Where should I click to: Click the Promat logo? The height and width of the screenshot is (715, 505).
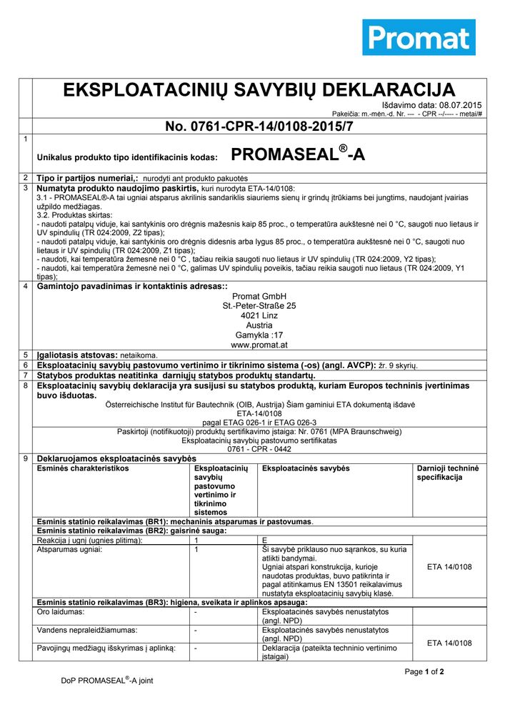(x=419, y=37)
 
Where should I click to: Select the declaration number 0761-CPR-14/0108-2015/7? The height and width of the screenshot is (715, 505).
(x=259, y=127)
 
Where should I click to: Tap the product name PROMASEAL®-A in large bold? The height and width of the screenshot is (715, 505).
(x=298, y=154)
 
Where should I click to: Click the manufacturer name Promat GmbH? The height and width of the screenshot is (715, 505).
(x=259, y=296)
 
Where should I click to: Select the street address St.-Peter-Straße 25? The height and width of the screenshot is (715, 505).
(x=259, y=305)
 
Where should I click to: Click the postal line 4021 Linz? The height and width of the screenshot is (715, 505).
(x=259, y=315)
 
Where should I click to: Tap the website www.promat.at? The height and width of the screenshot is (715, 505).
(x=259, y=345)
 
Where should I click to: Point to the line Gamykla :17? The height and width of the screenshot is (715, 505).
(x=259, y=335)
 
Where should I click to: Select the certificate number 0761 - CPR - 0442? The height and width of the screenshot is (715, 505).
(x=259, y=449)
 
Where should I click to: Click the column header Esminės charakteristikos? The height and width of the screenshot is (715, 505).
(x=83, y=468)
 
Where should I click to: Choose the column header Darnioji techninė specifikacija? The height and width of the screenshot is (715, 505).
(x=448, y=473)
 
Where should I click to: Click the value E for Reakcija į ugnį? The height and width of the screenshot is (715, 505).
(x=265, y=541)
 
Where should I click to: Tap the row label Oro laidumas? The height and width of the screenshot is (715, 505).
(x=61, y=613)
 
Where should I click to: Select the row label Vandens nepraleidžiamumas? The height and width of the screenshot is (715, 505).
(x=87, y=631)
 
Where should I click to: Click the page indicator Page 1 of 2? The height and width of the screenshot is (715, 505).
(x=424, y=672)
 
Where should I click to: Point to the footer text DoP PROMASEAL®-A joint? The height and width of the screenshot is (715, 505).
(x=107, y=681)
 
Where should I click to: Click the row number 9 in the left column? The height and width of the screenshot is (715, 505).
(x=26, y=458)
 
